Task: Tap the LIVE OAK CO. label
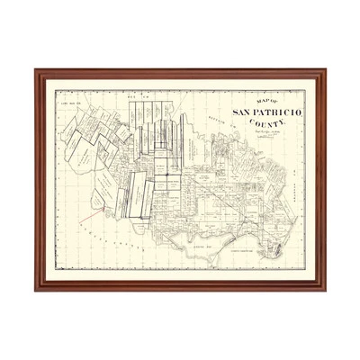pos(71,104)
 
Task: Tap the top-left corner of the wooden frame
pos(36,70)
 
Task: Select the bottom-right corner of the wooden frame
pos(326,290)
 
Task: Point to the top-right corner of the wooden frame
pos(326,70)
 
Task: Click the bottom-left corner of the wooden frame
pos(36,290)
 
